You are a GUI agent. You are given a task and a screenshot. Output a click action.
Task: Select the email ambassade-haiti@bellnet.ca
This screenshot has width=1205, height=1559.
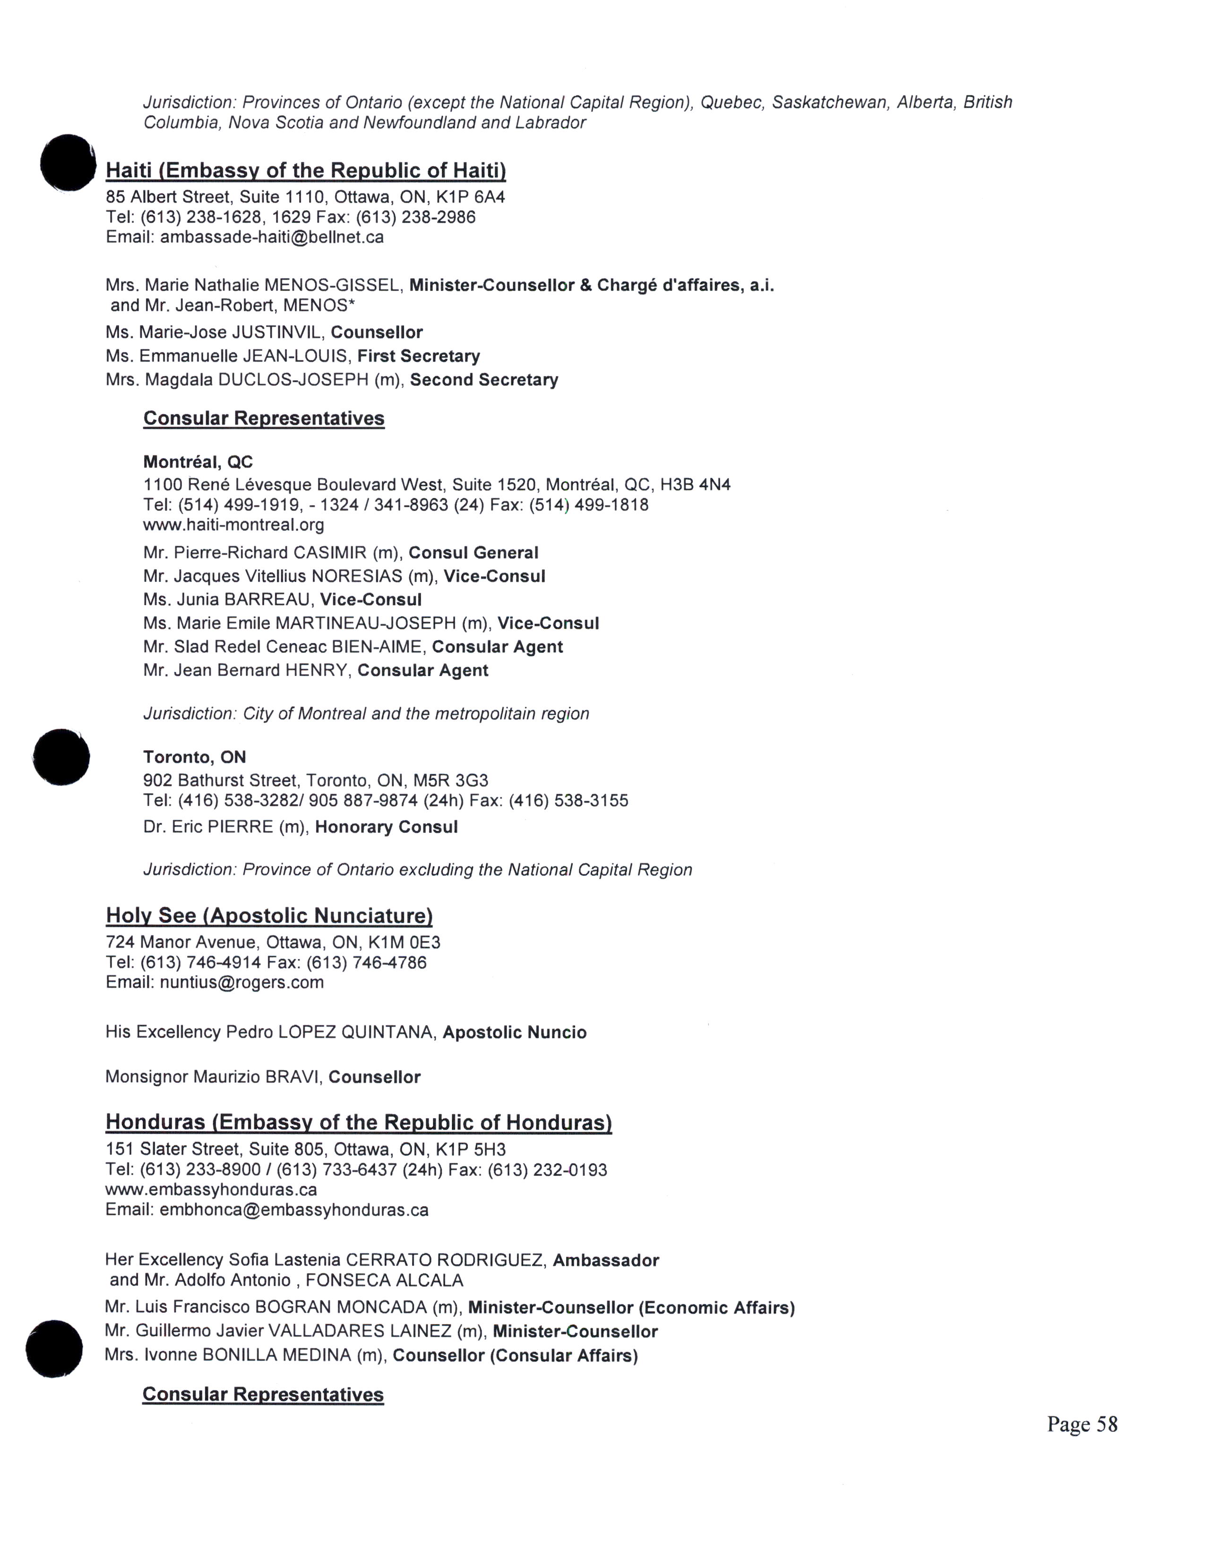(271, 237)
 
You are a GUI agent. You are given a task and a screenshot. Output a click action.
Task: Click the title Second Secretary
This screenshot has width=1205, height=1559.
(483, 380)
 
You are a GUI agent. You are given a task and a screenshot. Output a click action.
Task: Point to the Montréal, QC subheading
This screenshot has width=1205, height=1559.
(198, 462)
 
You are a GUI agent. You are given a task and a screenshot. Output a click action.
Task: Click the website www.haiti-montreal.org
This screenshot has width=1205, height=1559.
(233, 525)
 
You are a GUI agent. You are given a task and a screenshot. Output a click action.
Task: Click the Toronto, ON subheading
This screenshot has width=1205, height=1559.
(194, 757)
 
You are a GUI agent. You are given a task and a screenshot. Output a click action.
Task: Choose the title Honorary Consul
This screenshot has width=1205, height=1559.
(386, 827)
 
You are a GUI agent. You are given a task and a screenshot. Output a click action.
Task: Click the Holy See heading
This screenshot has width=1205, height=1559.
(269, 916)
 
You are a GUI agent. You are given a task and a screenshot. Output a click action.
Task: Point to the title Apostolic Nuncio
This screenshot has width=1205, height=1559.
(514, 1033)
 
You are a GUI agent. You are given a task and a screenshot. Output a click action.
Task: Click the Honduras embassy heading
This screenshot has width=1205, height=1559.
(358, 1123)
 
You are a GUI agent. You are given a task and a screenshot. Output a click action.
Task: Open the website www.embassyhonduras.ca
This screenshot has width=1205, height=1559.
(211, 1190)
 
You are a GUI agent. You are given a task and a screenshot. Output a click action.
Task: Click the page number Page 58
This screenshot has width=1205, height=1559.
(1082, 1424)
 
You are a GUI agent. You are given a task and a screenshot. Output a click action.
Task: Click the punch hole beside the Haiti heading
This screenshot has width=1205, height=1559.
(68, 163)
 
